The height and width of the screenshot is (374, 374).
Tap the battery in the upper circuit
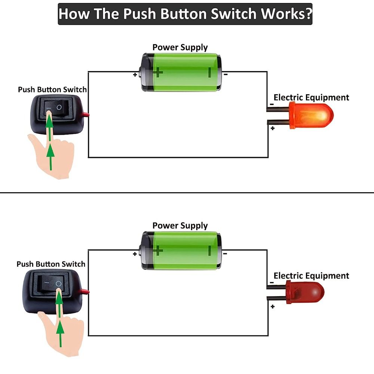[x=181, y=72]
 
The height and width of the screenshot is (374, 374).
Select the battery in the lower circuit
[x=181, y=251]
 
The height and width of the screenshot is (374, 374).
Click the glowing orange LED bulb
[x=310, y=116]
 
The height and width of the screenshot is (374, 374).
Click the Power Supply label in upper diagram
[x=180, y=47]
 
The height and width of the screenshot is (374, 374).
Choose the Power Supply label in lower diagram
[x=180, y=226]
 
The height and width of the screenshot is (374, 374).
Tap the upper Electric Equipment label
[x=311, y=98]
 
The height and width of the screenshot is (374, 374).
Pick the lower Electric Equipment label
[x=311, y=276]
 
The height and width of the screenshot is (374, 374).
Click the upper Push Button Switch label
[x=52, y=90]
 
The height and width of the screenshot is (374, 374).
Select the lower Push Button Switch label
[x=51, y=264]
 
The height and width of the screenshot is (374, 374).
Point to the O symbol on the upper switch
[x=59, y=107]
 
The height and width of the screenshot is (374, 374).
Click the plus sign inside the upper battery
[x=158, y=71]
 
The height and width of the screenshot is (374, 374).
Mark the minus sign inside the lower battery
[x=210, y=250]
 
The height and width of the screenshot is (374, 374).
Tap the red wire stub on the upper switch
[x=86, y=114]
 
